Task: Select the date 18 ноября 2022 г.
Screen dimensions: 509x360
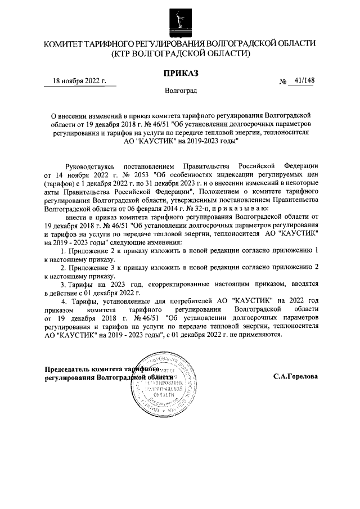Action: click(x=80, y=81)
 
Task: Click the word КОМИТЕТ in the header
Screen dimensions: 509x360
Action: click(x=66, y=43)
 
